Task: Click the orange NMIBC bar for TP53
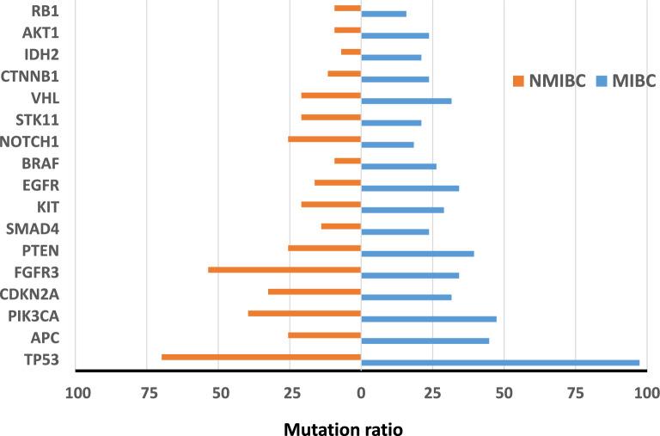[261, 357]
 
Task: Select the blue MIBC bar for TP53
[500, 363]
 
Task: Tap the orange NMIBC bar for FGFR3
[284, 269]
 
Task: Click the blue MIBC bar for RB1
[383, 14]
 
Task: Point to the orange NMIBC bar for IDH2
[351, 52]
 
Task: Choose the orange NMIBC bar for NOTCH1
[324, 138]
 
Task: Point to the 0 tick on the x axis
[361, 394]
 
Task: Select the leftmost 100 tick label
[77, 394]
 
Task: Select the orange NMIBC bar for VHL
[331, 95]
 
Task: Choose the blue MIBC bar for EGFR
[410, 187]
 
